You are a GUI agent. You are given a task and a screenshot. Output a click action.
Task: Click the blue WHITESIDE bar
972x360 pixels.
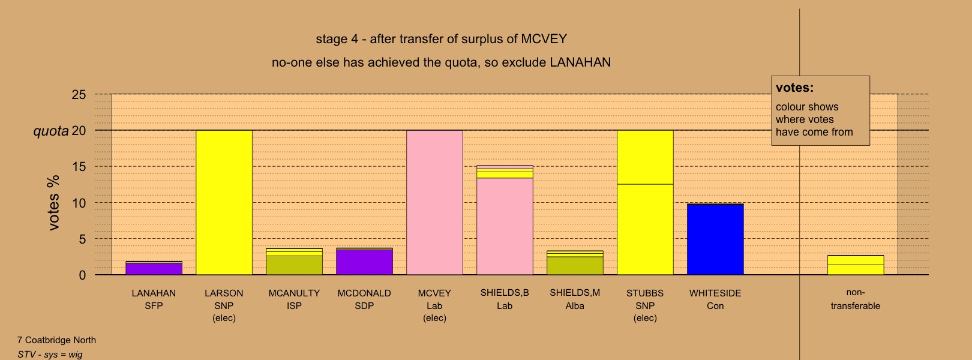(x=715, y=239)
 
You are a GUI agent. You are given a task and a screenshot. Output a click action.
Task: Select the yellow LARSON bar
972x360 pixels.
(x=224, y=203)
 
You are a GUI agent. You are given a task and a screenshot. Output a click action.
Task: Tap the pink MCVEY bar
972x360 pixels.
(x=434, y=203)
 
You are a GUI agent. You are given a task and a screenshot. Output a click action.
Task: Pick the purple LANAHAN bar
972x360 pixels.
(x=154, y=268)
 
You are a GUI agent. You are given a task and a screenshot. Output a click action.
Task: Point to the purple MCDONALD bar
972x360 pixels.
(x=365, y=262)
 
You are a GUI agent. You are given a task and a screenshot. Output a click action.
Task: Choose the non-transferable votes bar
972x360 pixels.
(x=856, y=265)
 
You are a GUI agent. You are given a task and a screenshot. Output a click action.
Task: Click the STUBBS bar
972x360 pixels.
(x=645, y=203)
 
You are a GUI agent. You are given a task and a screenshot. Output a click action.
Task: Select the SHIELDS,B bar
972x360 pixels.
(x=505, y=220)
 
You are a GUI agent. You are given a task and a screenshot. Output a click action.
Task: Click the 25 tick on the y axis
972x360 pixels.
(x=79, y=95)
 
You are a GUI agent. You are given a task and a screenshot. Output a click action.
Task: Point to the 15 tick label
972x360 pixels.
(x=79, y=167)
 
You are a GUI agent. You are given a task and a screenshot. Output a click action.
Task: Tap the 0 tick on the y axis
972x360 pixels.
(x=82, y=275)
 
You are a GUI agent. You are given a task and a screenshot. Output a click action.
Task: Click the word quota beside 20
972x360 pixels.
(x=51, y=131)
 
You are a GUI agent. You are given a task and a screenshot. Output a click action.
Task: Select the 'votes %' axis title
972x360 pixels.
(x=53, y=203)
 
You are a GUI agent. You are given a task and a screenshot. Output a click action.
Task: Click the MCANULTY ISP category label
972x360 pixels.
(x=294, y=299)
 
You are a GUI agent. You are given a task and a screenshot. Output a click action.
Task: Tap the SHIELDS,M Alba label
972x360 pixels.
(x=575, y=299)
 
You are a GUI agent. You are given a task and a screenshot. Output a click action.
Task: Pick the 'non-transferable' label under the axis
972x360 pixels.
(x=856, y=299)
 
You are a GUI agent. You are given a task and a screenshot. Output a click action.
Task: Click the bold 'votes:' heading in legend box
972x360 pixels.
(x=794, y=88)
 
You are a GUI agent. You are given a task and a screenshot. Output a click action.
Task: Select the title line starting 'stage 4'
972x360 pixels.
(x=442, y=39)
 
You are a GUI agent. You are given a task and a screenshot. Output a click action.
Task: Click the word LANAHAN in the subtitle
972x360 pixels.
(x=580, y=62)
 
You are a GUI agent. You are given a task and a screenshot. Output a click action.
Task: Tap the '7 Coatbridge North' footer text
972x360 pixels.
(x=56, y=340)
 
